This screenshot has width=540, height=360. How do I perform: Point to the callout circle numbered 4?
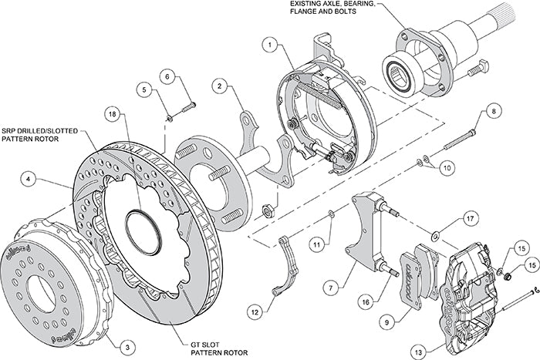[29, 180]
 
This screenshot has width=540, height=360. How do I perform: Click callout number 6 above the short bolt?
[166, 76]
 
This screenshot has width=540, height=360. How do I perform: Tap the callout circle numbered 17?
[469, 220]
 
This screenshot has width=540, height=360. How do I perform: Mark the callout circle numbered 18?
[113, 115]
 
